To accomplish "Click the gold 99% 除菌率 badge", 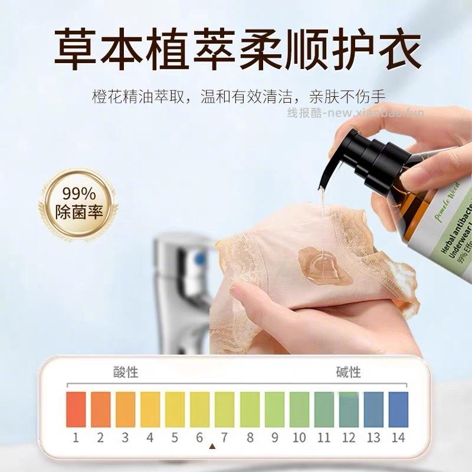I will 78,204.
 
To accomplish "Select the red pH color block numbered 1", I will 76,409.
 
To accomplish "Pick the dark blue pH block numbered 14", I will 398,409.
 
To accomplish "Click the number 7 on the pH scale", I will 224,438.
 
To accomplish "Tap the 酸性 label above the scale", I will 126,372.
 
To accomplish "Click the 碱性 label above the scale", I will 348,372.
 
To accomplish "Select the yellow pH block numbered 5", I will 175,409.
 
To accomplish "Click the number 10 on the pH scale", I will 299,438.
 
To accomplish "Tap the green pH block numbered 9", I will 274,409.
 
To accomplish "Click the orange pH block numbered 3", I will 126,409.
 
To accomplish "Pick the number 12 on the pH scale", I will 349,438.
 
